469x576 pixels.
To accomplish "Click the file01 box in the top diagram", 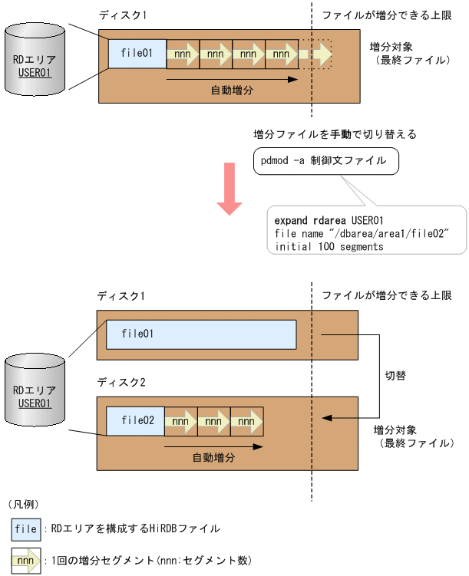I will (137, 54).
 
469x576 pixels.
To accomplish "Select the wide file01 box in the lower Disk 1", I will (200, 334).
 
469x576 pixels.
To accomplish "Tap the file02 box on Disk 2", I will (136, 421).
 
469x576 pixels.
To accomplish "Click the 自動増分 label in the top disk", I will (232, 90).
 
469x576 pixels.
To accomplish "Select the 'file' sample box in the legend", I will (26, 529).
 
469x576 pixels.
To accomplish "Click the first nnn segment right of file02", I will (181, 421).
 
